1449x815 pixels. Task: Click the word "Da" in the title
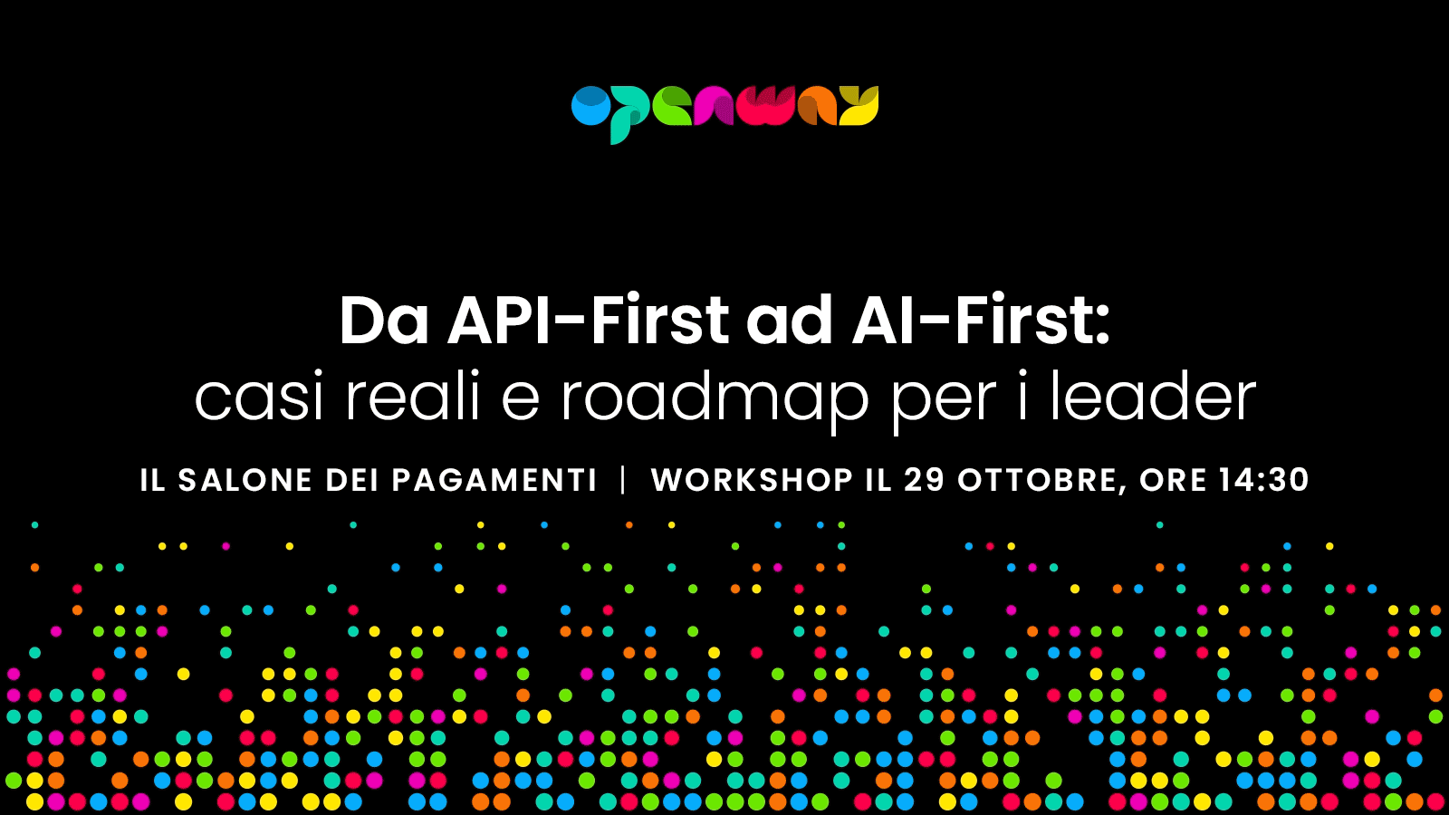(384, 321)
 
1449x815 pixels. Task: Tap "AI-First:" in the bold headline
(981, 321)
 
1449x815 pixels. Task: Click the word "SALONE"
(245, 480)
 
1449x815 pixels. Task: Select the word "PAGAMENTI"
(494, 480)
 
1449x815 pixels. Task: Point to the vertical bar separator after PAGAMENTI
(623, 480)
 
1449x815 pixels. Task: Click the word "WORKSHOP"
(753, 480)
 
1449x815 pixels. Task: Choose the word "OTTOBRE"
(1039, 481)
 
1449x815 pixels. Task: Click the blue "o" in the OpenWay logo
(590, 105)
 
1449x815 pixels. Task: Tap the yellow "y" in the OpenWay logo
(859, 105)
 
